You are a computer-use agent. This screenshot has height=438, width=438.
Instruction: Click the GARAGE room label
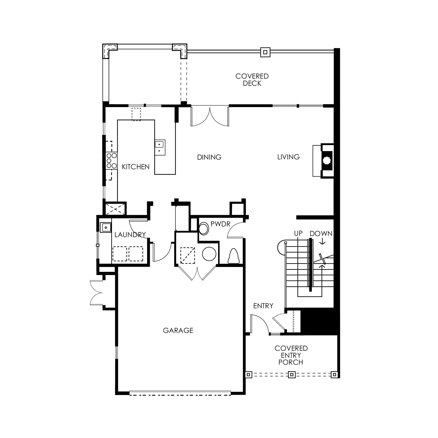[178, 330]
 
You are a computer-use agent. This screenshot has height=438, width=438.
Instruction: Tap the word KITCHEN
[136, 167]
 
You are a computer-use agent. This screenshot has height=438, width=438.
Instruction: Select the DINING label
[209, 157]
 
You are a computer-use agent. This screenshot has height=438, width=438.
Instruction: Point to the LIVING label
[289, 157]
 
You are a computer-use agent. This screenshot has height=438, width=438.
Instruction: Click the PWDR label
[220, 224]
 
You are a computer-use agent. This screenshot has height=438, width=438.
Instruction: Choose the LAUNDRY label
[130, 235]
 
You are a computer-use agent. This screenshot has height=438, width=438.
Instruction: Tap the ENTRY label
[263, 306]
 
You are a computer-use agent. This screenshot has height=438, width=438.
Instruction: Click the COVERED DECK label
[252, 80]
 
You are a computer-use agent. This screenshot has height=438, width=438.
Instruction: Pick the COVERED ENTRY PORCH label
[291, 355]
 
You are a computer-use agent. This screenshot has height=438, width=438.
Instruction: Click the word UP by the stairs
[298, 233]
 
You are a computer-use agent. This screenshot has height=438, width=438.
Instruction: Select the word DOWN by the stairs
[321, 234]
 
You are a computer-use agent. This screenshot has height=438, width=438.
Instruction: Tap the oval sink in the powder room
[203, 229]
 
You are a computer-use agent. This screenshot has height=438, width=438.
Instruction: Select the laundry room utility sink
[106, 227]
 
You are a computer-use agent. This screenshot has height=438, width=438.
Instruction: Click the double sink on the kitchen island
[160, 148]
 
